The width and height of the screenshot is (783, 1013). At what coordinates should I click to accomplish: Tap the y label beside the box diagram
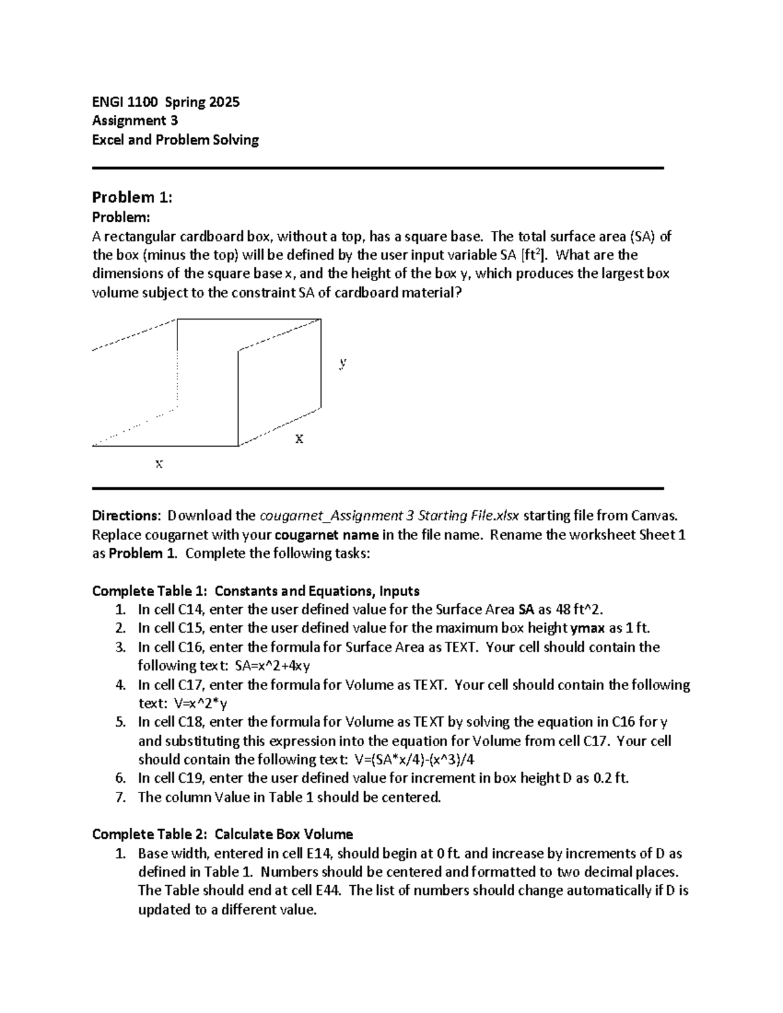tap(343, 363)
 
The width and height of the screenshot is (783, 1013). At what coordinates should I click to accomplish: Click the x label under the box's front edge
tap(159, 464)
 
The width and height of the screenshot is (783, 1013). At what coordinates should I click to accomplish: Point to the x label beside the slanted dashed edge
tap(299, 439)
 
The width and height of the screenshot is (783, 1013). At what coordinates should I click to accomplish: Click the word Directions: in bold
tap(126, 515)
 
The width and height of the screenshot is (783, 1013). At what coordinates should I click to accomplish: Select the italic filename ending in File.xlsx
tap(390, 515)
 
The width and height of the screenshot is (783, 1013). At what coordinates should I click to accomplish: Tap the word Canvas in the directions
tap(654, 515)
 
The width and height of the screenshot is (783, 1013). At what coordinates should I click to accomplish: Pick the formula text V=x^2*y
tap(201, 704)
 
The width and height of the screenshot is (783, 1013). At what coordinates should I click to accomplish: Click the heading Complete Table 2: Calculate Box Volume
tap(223, 834)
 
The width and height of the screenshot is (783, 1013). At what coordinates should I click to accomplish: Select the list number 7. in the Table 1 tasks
tap(119, 797)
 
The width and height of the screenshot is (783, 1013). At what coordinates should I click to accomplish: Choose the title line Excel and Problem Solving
tap(176, 140)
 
